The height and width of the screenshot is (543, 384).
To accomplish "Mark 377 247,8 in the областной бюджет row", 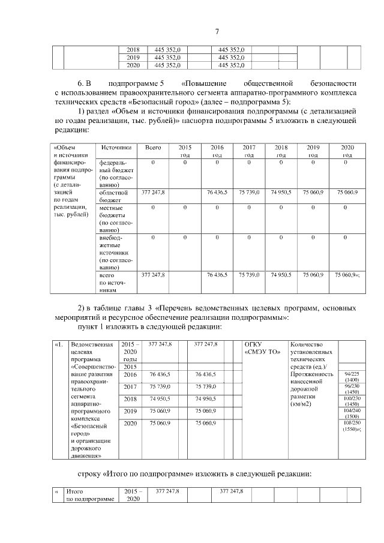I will click(x=153, y=193).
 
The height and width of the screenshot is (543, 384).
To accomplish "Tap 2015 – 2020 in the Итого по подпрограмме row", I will click(x=131, y=494).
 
